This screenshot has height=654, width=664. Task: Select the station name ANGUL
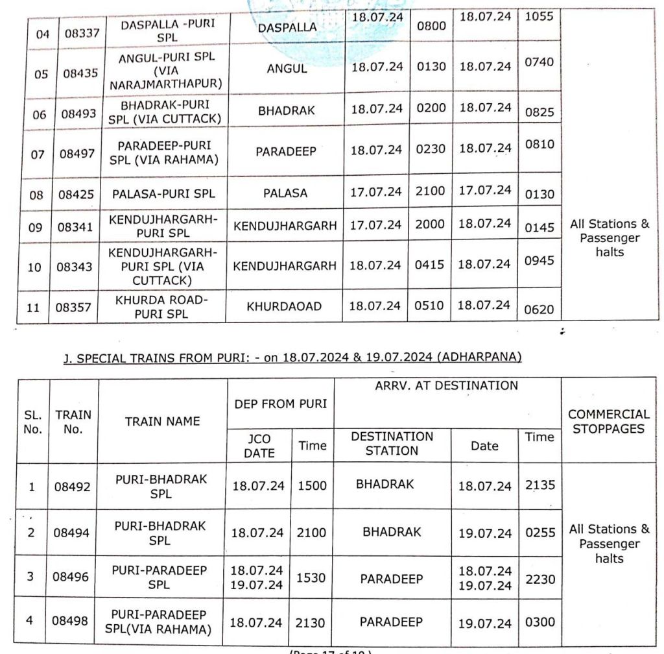287,69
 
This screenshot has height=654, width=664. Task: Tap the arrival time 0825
539,112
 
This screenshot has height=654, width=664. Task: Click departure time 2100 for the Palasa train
431,192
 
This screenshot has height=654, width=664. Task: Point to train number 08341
78,227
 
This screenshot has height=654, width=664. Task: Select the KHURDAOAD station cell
284,306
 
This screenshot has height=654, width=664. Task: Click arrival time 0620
539,309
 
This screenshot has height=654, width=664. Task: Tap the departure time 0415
429,265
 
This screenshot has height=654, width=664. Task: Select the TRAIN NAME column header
163,421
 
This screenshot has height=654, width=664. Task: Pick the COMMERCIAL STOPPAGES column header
609,421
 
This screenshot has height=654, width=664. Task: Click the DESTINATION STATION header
392,444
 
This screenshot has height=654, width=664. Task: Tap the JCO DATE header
259,446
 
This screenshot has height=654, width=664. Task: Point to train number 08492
73,487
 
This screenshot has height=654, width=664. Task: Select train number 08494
73,533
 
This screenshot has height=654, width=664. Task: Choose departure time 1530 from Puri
311,577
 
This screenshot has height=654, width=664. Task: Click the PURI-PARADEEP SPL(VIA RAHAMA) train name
159,622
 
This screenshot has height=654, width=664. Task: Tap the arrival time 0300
540,622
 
